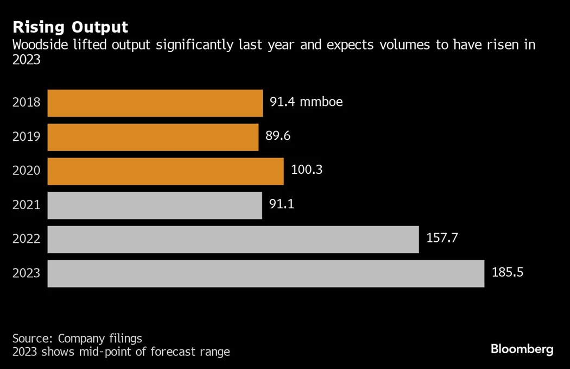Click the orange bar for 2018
pyautogui.click(x=155, y=103)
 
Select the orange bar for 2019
pyautogui.click(x=153, y=137)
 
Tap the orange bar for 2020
pyautogui.click(x=166, y=171)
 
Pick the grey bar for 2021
pyautogui.click(x=155, y=205)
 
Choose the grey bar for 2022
pyautogui.click(x=233, y=240)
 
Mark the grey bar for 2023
pyautogui.click(x=265, y=273)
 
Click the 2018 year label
pyautogui.click(x=27, y=102)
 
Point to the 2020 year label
pyautogui.click(x=27, y=171)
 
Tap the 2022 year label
pyautogui.click(x=27, y=239)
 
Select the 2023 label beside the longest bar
pyautogui.click(x=27, y=273)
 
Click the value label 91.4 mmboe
pyautogui.click(x=306, y=102)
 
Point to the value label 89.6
pyautogui.click(x=278, y=136)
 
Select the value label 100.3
pyautogui.click(x=307, y=170)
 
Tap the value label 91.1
pyautogui.click(x=281, y=204)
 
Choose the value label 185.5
pyautogui.click(x=508, y=272)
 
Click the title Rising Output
pyautogui.click(x=71, y=27)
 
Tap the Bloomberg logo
pyautogui.click(x=522, y=349)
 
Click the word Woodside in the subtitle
pyautogui.click(x=40, y=45)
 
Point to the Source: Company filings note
pyautogui.click(x=77, y=338)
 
